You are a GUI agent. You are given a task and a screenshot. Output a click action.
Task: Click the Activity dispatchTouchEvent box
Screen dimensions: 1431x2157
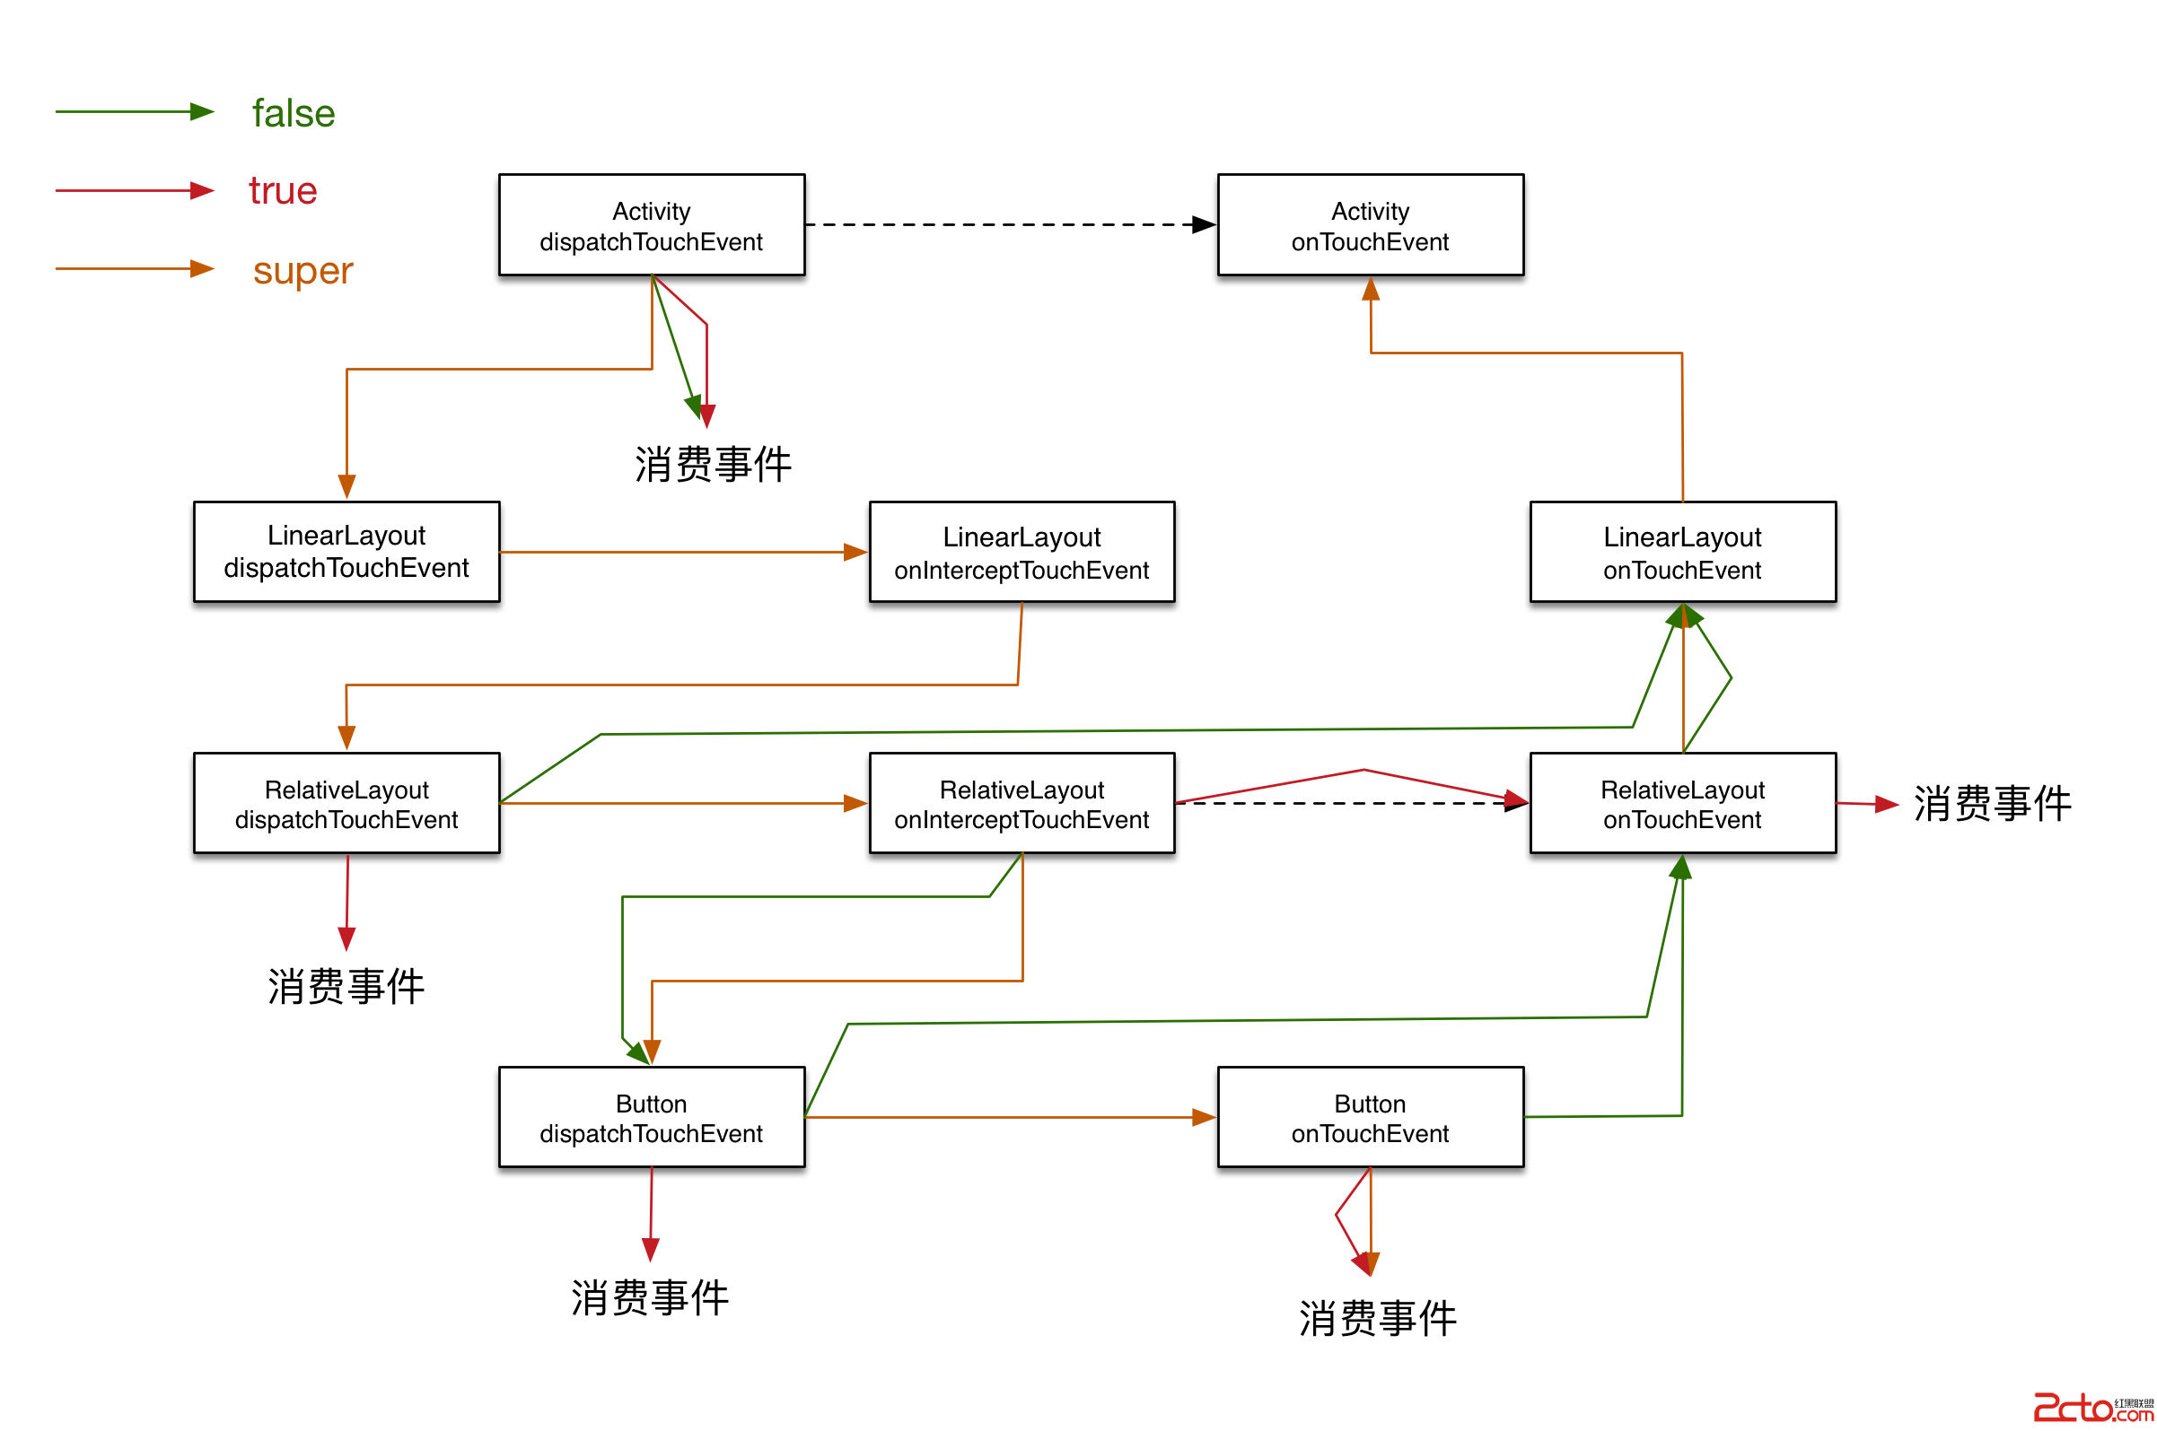(x=651, y=224)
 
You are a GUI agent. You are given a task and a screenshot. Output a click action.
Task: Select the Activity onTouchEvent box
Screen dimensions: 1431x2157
(x=1369, y=224)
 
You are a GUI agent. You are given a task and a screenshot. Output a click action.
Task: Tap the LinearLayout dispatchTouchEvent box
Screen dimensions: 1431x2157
(x=346, y=551)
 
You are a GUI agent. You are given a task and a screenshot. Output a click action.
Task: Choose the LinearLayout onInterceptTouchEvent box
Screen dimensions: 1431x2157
(x=1022, y=551)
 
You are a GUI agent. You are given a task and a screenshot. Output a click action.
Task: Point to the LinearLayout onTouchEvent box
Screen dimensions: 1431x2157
(x=1681, y=551)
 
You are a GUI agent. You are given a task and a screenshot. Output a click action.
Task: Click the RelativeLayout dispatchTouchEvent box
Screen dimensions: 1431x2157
(x=346, y=802)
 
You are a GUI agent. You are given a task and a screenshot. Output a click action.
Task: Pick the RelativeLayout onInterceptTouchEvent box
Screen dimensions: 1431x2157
(x=1022, y=802)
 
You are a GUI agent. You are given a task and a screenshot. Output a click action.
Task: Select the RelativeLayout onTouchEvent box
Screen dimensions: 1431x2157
(x=1681, y=802)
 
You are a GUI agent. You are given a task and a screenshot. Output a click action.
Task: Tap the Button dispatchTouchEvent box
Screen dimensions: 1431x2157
(x=651, y=1116)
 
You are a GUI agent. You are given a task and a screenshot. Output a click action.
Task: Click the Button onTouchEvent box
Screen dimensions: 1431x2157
(x=1369, y=1116)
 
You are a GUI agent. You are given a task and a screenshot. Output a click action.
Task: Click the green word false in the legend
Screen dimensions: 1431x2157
(x=293, y=113)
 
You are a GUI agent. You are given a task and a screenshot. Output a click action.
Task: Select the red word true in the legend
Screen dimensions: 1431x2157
(x=282, y=191)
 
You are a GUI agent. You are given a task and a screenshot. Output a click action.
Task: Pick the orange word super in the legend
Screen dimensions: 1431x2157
(x=303, y=270)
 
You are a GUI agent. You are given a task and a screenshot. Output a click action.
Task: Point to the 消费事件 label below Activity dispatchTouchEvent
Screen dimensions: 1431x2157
(x=712, y=464)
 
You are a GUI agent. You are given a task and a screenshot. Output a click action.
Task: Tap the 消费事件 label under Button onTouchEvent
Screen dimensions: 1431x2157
(x=1377, y=1318)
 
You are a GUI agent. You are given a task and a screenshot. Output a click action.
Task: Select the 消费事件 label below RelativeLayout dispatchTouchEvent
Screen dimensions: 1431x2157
(x=346, y=986)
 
